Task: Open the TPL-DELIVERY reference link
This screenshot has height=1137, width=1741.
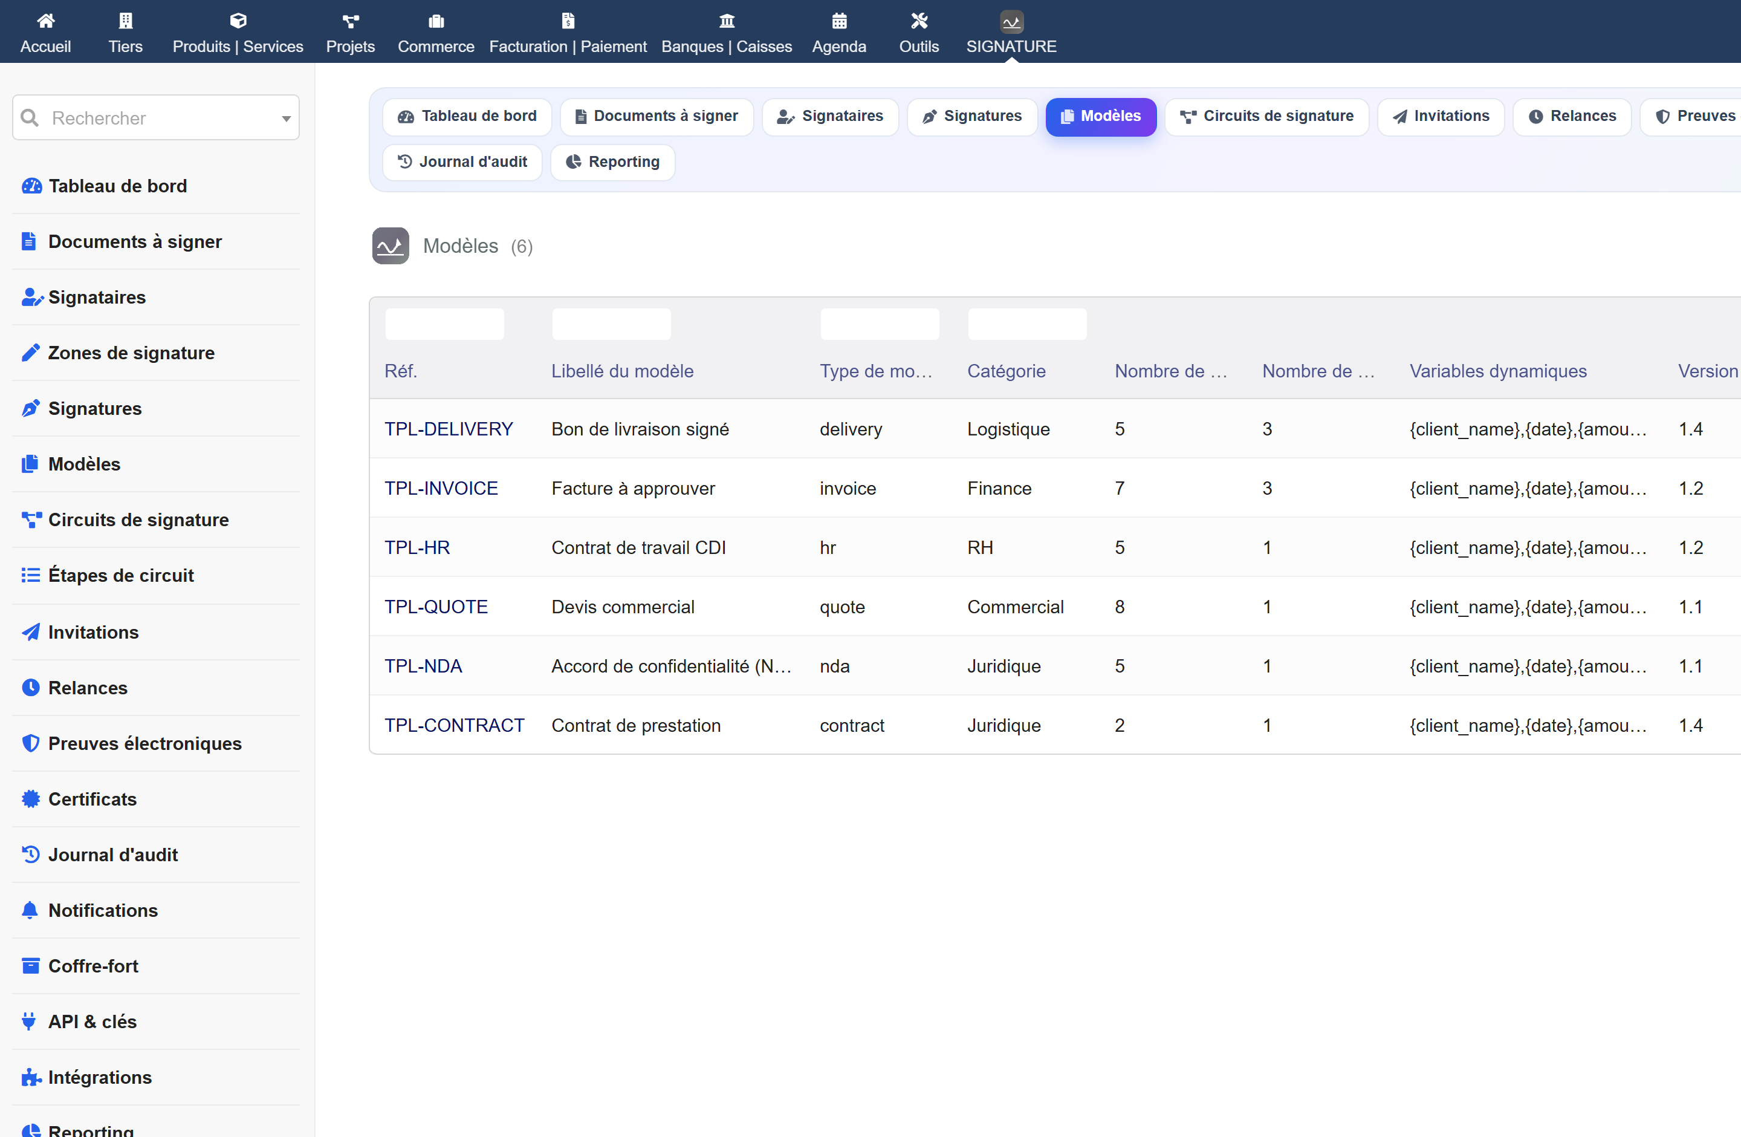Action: click(449, 429)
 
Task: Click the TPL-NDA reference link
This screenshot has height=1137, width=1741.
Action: click(423, 666)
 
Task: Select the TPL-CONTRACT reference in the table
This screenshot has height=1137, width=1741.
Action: click(454, 725)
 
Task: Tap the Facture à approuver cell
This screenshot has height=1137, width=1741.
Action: click(633, 488)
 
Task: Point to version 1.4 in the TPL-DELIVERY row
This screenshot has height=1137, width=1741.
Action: click(1691, 429)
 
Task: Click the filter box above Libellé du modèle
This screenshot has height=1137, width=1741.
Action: click(611, 324)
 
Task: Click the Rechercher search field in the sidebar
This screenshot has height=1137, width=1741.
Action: click(156, 118)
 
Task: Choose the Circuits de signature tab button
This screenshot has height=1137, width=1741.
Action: click(1266, 116)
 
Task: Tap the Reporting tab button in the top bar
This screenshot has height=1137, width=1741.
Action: click(612, 161)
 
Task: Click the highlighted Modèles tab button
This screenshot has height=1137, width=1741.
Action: click(1100, 116)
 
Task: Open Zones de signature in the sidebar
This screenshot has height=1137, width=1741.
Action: click(131, 353)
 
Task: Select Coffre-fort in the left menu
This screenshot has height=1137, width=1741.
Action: click(93, 966)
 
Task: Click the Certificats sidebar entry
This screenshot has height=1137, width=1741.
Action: click(92, 799)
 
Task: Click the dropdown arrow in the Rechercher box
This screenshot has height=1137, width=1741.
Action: click(286, 119)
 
